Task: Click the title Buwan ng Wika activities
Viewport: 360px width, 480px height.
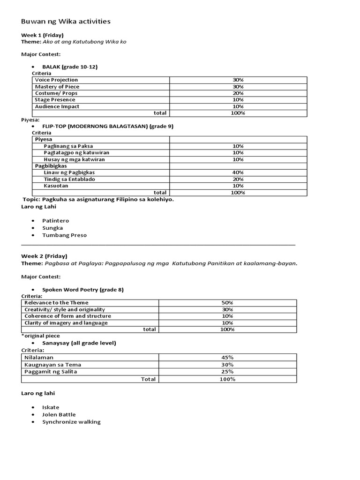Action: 66,22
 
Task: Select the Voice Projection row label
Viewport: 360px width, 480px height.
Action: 56,80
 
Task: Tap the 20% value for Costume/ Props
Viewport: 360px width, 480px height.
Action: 238,93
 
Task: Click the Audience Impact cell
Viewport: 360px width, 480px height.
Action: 57,106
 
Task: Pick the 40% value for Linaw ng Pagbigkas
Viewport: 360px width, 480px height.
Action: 238,172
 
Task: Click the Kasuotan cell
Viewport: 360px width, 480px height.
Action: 56,186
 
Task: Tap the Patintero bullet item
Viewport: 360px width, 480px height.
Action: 55,220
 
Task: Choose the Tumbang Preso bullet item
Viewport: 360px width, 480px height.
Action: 64,235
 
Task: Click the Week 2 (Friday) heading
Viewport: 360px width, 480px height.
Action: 44,256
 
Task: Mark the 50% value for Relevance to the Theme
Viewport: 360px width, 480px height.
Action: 227,303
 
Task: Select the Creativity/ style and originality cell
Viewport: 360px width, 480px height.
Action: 65,309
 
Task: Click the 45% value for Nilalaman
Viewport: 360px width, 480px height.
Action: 227,357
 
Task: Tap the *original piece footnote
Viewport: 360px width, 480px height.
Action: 41,336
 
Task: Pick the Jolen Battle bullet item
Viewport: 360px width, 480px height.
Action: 59,414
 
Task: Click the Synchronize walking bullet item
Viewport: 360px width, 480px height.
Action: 71,422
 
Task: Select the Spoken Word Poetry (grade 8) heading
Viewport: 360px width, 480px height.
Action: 83,290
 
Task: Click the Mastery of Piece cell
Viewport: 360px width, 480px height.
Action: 57,87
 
